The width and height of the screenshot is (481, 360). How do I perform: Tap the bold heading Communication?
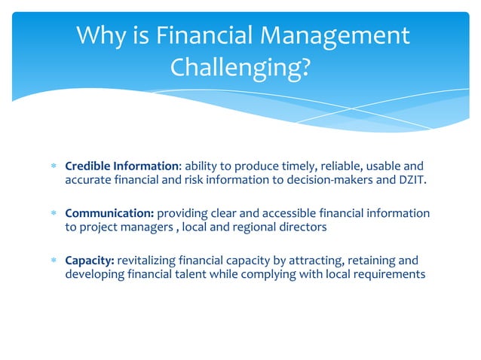(109, 213)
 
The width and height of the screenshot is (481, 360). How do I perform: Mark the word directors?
(302, 227)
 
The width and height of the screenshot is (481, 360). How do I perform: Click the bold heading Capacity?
(90, 261)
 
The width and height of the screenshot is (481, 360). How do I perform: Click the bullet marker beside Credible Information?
(53, 166)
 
